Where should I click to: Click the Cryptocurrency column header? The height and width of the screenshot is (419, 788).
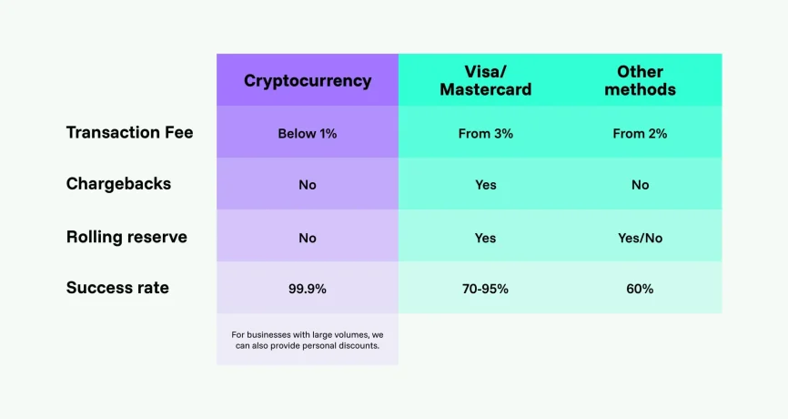click(x=308, y=80)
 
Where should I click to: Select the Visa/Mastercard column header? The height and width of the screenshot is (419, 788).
click(x=485, y=80)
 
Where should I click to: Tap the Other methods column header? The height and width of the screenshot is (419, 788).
click(x=640, y=80)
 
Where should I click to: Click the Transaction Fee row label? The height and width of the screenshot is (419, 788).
click(x=129, y=132)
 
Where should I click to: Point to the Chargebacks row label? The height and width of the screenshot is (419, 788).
click(x=118, y=184)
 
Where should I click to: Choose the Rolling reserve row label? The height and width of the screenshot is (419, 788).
click(x=126, y=237)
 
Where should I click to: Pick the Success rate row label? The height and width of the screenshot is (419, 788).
click(x=117, y=288)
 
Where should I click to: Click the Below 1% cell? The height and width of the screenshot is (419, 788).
click(x=308, y=133)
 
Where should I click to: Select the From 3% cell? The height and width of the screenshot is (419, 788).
click(x=485, y=133)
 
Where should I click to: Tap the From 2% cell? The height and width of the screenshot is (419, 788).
click(x=640, y=133)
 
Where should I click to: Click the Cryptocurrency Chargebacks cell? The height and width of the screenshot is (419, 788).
click(x=308, y=185)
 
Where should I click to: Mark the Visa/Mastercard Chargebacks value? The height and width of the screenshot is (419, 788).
click(x=485, y=185)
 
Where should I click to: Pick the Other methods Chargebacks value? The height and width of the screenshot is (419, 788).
click(x=640, y=185)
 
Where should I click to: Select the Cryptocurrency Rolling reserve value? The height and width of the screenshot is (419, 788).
click(x=308, y=238)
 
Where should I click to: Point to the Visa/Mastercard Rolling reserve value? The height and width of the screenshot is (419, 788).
click(x=485, y=238)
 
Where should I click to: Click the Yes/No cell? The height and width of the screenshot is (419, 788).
click(x=640, y=238)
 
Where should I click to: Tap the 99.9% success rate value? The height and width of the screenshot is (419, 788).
click(x=308, y=289)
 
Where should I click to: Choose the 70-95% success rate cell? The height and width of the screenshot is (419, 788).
click(x=485, y=289)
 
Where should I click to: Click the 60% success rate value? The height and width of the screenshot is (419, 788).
click(x=640, y=289)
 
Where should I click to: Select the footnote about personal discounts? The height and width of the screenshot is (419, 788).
click(x=308, y=341)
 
